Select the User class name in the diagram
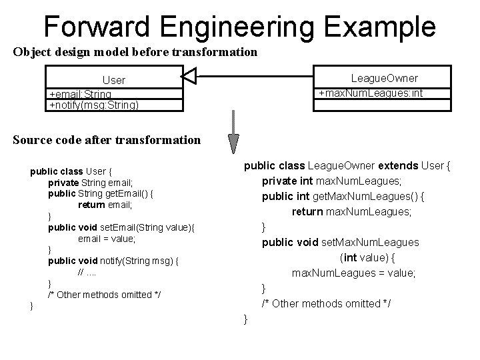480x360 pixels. (x=113, y=80)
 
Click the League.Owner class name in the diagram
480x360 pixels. (x=385, y=78)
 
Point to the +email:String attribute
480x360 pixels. (x=81, y=94)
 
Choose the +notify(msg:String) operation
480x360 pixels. (x=94, y=105)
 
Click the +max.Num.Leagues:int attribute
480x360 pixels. (x=370, y=93)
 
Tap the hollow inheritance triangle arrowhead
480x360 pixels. (x=189, y=79)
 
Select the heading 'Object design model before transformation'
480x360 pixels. (x=135, y=51)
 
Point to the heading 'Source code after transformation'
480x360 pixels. (x=107, y=139)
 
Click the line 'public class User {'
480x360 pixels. (x=75, y=171)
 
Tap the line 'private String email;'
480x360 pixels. (x=91, y=182)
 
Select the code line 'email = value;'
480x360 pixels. (x=107, y=238)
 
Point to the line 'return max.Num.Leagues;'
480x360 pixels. (x=351, y=212)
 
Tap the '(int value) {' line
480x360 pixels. (x=368, y=258)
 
